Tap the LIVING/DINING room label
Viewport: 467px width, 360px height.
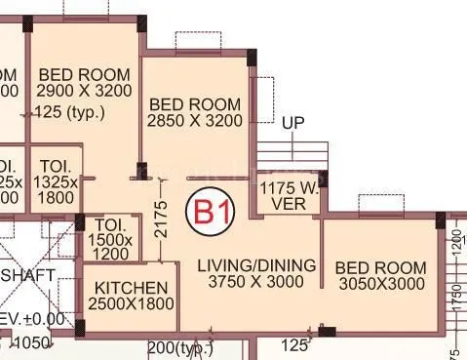coord(256,265)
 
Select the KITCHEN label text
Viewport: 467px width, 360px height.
coord(129,289)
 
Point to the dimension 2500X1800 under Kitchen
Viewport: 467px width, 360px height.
coord(131,304)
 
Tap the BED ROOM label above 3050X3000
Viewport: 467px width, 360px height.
coord(380,267)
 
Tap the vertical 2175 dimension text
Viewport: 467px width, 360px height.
coord(163,220)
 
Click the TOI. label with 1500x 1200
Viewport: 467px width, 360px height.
coord(110,239)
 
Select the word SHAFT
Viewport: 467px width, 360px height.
coord(28,275)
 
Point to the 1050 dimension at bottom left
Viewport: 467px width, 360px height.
coord(30,343)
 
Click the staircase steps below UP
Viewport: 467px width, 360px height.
coord(292,155)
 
